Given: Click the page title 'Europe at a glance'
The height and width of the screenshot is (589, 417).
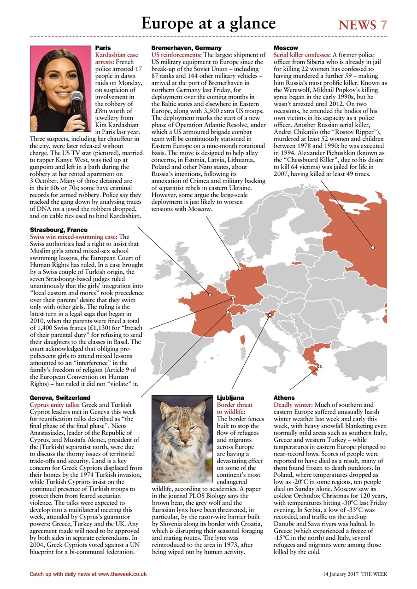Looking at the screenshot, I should click(208, 23).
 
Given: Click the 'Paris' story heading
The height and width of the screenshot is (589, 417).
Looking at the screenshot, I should click(103, 48).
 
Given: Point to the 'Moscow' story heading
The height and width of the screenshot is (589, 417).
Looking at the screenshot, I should click(286, 48).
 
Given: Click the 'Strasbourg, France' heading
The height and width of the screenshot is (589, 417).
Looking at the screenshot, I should click(58, 230).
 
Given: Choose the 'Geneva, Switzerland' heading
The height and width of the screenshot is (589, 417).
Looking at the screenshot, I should click(60, 398).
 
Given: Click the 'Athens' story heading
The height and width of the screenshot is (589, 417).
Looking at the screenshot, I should click(284, 398).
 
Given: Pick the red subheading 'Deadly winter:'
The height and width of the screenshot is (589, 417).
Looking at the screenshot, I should click(294, 405).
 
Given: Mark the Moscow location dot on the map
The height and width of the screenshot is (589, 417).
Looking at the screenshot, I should click(373, 248).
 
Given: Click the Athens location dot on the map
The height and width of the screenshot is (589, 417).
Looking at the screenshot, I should click(320, 366).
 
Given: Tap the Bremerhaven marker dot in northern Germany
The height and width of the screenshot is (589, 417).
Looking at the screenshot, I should click(240, 269).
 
